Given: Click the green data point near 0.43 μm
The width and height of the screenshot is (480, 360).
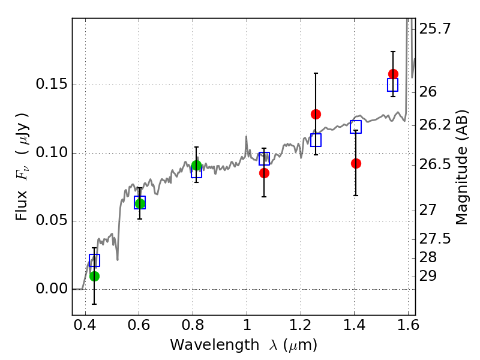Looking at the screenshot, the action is [95, 277].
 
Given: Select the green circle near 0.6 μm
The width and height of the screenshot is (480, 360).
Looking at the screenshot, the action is [140, 203].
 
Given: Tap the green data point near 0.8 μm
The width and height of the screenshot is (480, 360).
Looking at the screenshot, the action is [197, 166].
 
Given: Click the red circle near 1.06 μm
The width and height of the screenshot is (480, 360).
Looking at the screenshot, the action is [264, 173].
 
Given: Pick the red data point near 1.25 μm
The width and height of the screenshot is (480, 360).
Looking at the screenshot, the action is [316, 115].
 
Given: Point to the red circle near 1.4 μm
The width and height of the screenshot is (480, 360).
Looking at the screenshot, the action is [356, 164].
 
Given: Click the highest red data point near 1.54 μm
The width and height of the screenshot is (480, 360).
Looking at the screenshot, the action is [394, 74].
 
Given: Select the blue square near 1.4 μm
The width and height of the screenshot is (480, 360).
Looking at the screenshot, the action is [356, 127].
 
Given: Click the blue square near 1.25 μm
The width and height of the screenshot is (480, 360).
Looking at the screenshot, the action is [316, 140].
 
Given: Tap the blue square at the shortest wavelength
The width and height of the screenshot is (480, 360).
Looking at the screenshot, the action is [95, 260].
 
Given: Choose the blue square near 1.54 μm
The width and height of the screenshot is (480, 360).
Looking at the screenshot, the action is [393, 85].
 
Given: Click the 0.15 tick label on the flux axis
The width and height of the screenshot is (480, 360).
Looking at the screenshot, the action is [52, 84].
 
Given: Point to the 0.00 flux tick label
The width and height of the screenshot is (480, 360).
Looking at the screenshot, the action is [52, 289].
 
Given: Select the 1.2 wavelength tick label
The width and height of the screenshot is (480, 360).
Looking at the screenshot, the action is [301, 325].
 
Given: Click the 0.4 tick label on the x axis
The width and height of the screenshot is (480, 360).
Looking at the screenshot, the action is [85, 325].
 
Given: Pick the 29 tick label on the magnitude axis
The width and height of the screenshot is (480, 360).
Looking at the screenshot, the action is [428, 276].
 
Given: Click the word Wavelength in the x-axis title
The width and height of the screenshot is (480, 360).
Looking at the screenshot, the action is [215, 345].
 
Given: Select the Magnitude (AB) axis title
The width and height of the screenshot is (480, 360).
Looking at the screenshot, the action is [461, 167].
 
